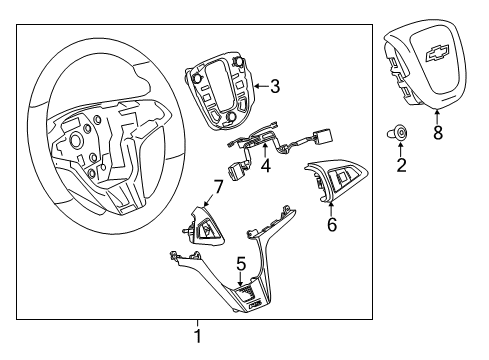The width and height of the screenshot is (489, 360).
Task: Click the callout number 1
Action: tap(198, 335)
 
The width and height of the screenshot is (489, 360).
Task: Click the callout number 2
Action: tap(402, 165)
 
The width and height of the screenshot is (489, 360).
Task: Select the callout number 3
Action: tap(274, 87)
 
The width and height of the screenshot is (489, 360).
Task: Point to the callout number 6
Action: tap(332, 224)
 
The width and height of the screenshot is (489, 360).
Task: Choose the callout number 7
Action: tap(217, 186)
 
